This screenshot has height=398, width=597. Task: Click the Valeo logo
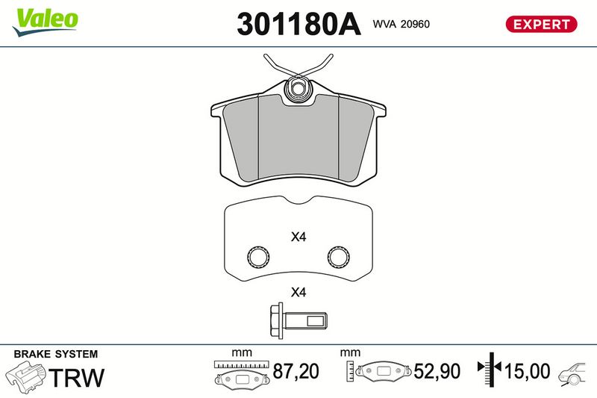click(45, 22)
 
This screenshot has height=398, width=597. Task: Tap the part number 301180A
click(298, 24)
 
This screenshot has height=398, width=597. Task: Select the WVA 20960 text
click(401, 24)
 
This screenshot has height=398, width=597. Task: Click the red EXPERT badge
click(541, 24)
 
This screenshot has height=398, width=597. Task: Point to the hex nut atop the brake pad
click(298, 89)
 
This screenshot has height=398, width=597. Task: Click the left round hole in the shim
click(258, 256)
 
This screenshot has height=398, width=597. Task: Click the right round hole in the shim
click(338, 256)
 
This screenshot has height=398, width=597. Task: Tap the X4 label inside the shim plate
click(298, 237)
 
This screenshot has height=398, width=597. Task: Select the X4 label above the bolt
click(298, 293)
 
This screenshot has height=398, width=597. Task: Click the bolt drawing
click(298, 320)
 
